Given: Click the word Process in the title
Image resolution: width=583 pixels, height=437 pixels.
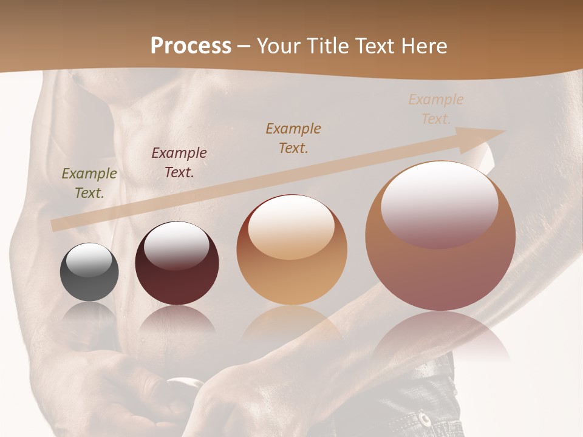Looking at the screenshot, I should (x=191, y=46).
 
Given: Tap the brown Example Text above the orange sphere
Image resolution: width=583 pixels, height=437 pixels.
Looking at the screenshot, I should (x=293, y=138).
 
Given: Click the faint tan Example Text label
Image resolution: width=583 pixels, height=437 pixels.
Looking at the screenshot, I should (x=435, y=109).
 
